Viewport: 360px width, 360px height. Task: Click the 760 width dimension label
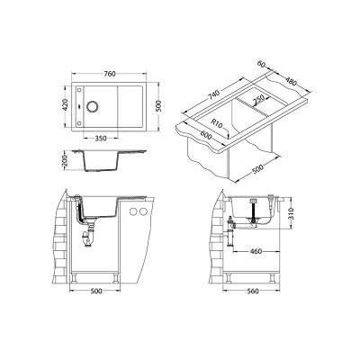tap(109, 74)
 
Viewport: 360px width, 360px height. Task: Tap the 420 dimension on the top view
tap(67, 106)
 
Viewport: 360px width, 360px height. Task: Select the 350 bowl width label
tap(101, 139)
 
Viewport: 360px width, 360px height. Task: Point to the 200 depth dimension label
tap(67, 161)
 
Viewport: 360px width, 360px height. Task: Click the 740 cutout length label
tap(214, 94)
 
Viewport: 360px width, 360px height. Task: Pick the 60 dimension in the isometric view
tap(262, 64)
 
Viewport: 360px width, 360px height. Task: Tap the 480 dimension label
tap(290, 81)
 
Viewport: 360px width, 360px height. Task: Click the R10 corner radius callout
tap(216, 123)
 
